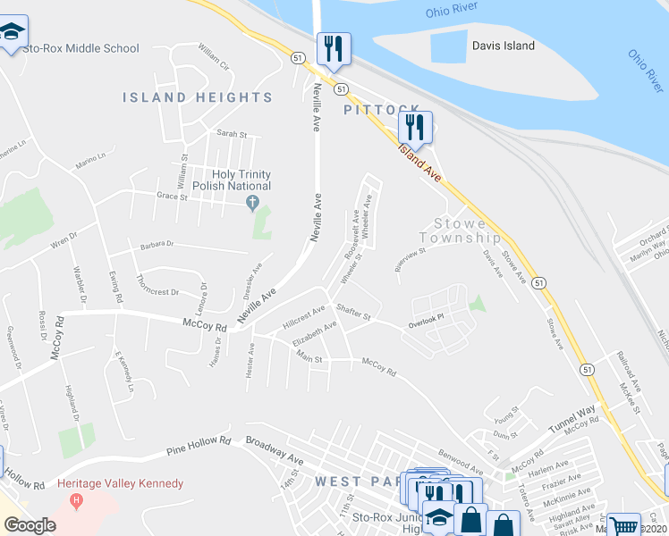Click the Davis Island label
point(504,46)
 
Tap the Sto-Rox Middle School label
point(81,48)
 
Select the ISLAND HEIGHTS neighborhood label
point(198,97)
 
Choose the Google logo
point(30,525)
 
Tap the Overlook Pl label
point(427,324)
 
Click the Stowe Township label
point(467,230)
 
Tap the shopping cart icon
point(623,524)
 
